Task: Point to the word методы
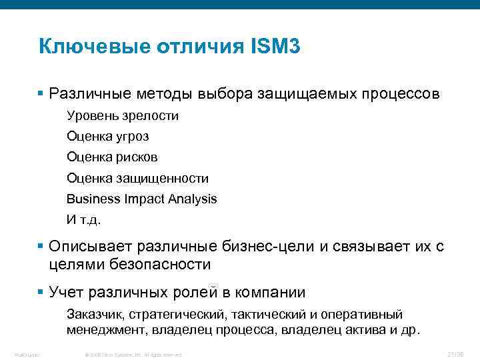[x=165, y=94]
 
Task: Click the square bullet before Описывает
[x=41, y=246]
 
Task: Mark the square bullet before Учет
[x=41, y=291]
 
